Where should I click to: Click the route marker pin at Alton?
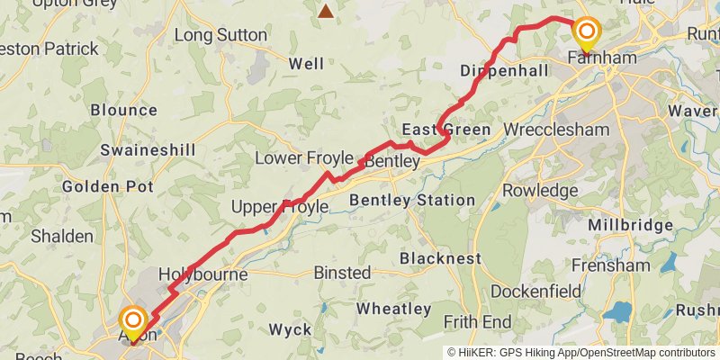pyautogui.click(x=133, y=322)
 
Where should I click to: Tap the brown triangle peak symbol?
pyautogui.click(x=325, y=11)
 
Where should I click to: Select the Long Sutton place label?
pyautogui.click(x=220, y=35)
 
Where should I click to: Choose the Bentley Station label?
pyautogui.click(x=412, y=200)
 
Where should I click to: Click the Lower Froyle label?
pyautogui.click(x=297, y=157)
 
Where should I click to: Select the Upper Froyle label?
pyautogui.click(x=279, y=207)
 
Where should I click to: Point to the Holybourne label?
pyautogui.click(x=202, y=273)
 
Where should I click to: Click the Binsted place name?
pyautogui.click(x=342, y=272)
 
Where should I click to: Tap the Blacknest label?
pyautogui.click(x=440, y=258)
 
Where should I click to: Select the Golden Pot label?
pyautogui.click(x=107, y=186)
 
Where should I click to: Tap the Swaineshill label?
pyautogui.click(x=142, y=149)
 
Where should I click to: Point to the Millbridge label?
pyautogui.click(x=631, y=225)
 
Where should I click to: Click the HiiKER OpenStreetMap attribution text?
pyautogui.click(x=581, y=352)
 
